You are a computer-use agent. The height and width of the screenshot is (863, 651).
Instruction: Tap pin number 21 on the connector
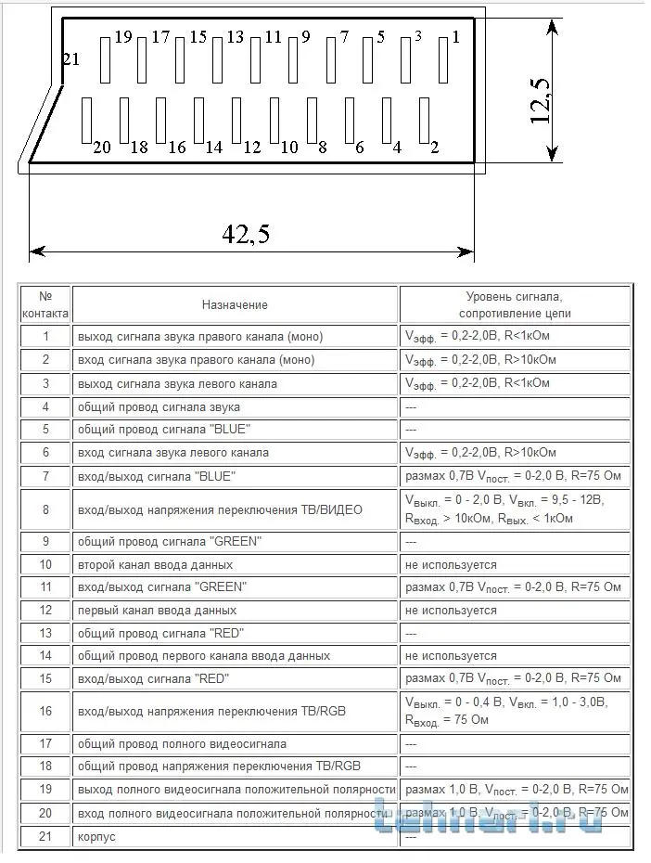click(71, 60)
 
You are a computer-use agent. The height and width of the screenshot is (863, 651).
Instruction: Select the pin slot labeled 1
click(443, 58)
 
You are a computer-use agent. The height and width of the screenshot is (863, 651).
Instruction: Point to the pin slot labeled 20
click(87, 120)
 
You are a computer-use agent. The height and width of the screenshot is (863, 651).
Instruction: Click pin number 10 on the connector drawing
click(274, 120)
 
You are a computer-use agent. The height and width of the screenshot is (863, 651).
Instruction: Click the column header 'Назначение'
click(235, 304)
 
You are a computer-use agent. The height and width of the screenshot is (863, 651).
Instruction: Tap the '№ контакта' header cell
click(45, 304)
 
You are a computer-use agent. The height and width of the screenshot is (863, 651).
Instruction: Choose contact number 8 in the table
click(45, 509)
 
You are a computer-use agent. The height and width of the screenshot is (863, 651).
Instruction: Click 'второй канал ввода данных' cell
click(156, 564)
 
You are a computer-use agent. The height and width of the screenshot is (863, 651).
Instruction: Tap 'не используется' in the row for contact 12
click(451, 611)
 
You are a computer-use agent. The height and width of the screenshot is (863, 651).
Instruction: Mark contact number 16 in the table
click(45, 713)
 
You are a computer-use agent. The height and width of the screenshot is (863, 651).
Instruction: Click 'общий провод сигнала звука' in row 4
click(160, 406)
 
